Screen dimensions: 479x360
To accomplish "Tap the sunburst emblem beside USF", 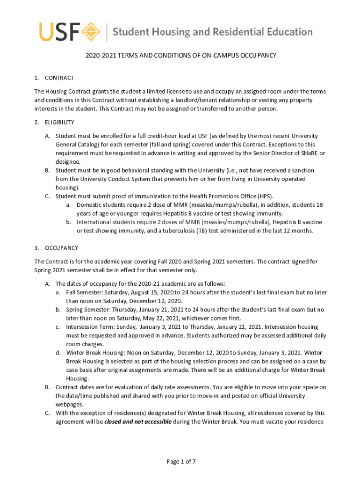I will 92,32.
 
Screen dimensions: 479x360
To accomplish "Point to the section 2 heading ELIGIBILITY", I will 59,123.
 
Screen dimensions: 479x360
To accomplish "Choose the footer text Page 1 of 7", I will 181,462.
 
